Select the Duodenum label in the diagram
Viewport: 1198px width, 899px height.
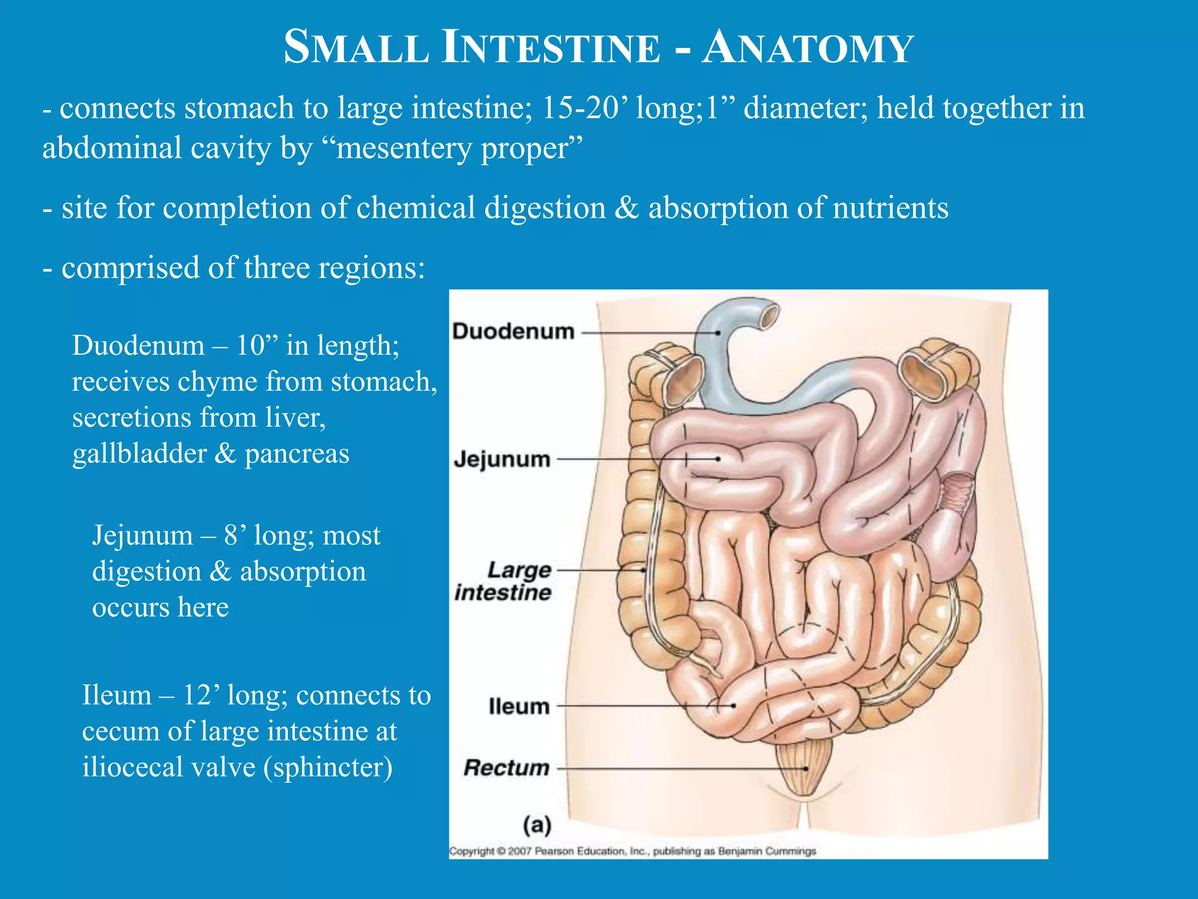[513, 332]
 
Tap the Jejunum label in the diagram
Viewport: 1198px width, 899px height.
[502, 459]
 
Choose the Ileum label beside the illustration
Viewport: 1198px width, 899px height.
[519, 706]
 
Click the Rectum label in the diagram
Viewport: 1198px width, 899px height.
[507, 768]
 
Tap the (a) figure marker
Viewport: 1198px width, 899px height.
[537, 825]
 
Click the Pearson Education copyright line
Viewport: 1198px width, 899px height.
[632, 851]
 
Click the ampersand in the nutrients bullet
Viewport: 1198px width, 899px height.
[626, 208]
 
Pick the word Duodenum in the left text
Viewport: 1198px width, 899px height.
[138, 345]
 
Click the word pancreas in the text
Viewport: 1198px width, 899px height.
[297, 454]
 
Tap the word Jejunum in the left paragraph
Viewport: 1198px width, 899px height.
[142, 536]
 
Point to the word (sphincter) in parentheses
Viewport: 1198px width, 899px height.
[328, 767]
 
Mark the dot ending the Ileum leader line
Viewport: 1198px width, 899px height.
[733, 706]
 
